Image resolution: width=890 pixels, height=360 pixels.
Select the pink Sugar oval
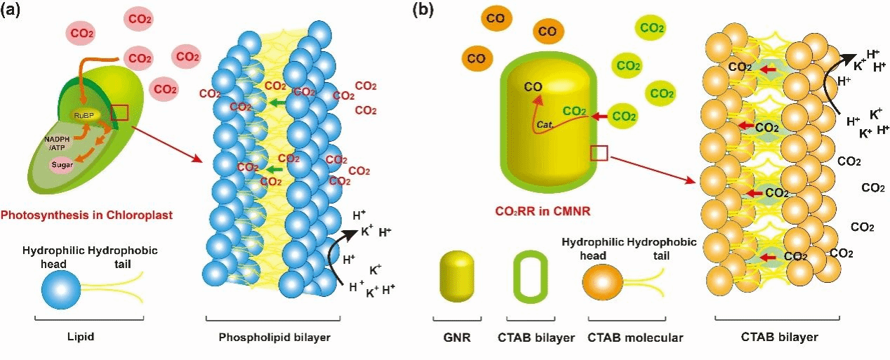(62, 164)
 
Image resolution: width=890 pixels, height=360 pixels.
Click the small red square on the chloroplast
(119, 112)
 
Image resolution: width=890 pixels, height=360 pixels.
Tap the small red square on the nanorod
(599, 153)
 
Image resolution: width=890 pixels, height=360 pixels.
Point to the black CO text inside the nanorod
(533, 87)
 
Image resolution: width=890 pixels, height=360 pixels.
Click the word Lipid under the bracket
(81, 338)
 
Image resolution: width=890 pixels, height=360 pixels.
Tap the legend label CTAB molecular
(635, 338)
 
